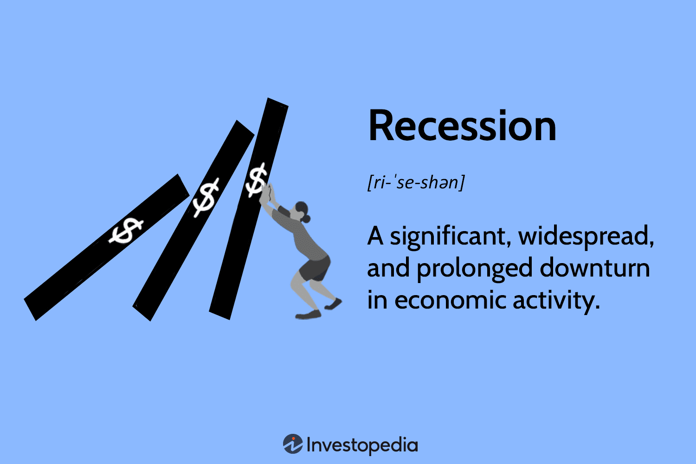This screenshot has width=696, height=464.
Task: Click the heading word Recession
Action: [x=462, y=126]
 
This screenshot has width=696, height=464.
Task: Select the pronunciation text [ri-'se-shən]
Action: [x=416, y=182]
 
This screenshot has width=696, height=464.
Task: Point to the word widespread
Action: [x=586, y=237]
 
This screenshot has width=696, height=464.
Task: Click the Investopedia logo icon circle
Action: [x=293, y=444]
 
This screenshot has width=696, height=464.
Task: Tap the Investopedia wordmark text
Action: [x=362, y=445]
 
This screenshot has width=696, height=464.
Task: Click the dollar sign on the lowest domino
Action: [x=126, y=230]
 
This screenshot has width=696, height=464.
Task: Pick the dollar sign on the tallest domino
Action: [x=257, y=180]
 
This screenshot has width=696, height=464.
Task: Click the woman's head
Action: [x=301, y=211]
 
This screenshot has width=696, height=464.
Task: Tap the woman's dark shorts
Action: [x=316, y=269]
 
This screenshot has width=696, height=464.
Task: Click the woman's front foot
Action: [x=308, y=315]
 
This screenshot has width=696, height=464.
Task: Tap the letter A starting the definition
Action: [x=375, y=236]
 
